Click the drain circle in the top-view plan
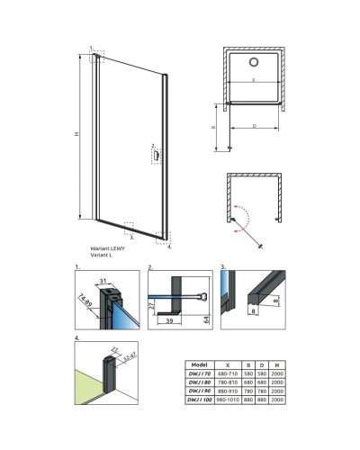coord(254,62)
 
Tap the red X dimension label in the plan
coord(254,81)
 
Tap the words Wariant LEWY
coord(107,247)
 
